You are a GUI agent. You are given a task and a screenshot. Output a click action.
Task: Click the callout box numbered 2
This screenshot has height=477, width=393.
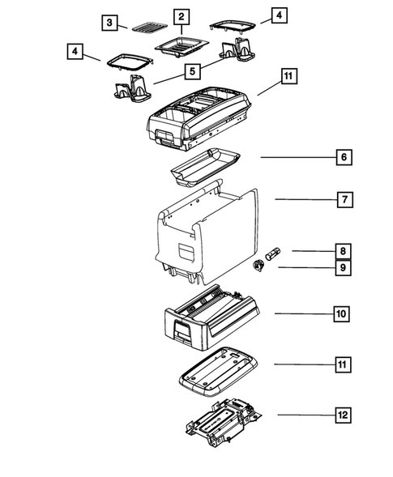click(181, 16)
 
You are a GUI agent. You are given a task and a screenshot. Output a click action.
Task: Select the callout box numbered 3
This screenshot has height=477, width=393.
click(109, 23)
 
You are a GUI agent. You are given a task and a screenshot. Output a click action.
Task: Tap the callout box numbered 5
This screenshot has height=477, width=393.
click(191, 72)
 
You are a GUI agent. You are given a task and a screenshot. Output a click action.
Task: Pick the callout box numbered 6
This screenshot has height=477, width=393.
click(344, 156)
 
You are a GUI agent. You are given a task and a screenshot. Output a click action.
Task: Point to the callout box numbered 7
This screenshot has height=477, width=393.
click(344, 199)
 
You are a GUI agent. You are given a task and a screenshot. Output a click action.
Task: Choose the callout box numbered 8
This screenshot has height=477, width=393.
click(344, 252)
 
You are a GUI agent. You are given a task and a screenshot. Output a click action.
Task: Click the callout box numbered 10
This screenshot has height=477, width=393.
click(344, 313)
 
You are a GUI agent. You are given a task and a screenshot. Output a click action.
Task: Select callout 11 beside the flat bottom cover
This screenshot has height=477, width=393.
click(344, 364)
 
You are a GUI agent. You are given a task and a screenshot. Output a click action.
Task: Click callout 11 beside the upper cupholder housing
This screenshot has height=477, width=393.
click(289, 77)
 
